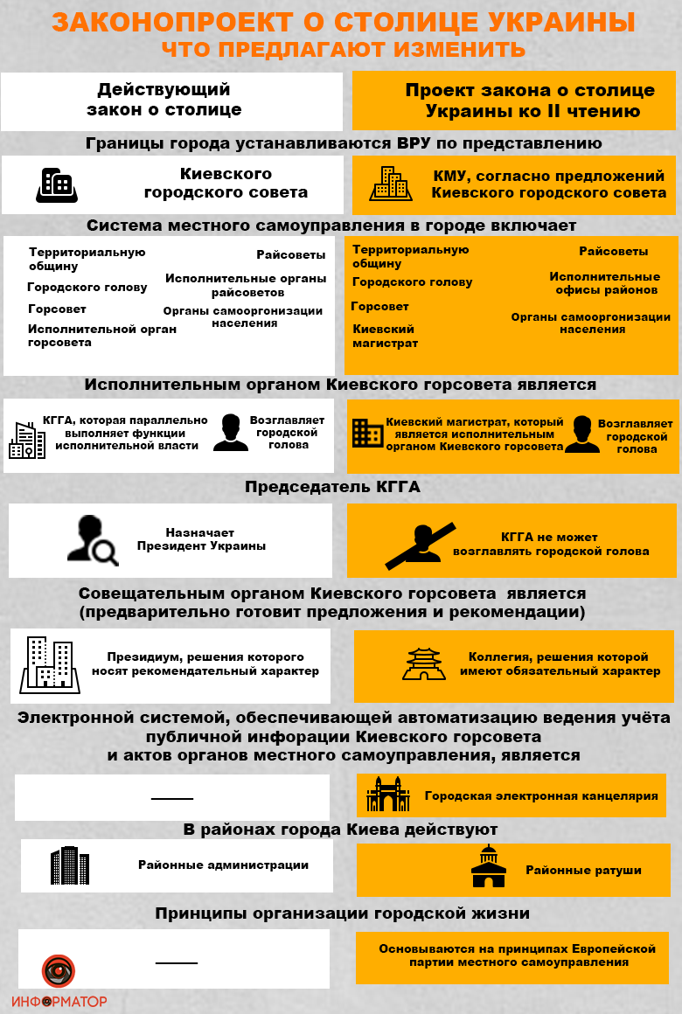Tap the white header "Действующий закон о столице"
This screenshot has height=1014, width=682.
164,100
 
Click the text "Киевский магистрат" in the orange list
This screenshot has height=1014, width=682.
384,336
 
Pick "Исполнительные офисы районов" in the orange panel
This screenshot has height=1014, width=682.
604,283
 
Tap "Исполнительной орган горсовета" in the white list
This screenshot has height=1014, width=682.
101,336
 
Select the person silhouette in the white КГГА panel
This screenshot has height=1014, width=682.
230,433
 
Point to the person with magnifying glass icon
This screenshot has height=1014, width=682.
91,539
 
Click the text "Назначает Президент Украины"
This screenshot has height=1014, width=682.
200,539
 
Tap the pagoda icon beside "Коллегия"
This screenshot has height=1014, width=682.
424,663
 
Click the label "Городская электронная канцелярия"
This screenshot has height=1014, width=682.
540,796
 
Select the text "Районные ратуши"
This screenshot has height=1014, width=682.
583,870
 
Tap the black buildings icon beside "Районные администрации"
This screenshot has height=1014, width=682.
70,865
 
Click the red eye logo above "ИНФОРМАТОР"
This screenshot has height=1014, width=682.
59,971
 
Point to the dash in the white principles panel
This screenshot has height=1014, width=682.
177,962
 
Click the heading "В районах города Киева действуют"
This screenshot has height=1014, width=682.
340,829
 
